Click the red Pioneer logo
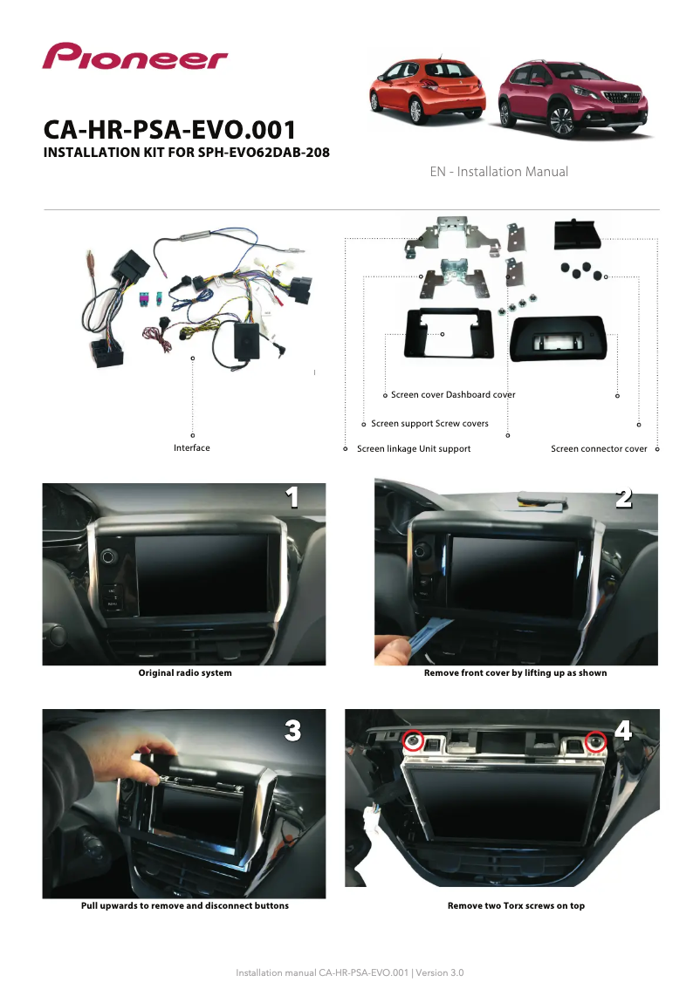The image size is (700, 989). pos(135,56)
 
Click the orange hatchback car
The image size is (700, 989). pos(428,91)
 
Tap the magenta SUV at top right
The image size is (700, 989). pos(573,98)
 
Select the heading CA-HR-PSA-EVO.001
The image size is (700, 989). pos(169,130)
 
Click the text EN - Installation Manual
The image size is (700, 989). pos(498,172)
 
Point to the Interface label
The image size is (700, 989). pos(192,447)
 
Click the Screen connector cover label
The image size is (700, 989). pos(599,449)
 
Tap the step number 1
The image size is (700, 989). pos(292,497)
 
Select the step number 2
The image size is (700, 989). pos(623,498)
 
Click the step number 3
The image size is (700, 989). pos(293,730)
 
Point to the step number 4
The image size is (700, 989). pos(623,730)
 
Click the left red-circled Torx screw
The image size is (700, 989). pos(414,741)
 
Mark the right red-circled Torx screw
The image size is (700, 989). pos(595,741)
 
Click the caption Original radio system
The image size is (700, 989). pos(185,673)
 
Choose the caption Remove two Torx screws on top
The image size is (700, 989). pos(517,906)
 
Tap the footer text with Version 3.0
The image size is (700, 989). pos(350,972)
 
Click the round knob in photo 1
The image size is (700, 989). pos(108,556)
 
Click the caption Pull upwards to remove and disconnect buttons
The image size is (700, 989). pos(185,906)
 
